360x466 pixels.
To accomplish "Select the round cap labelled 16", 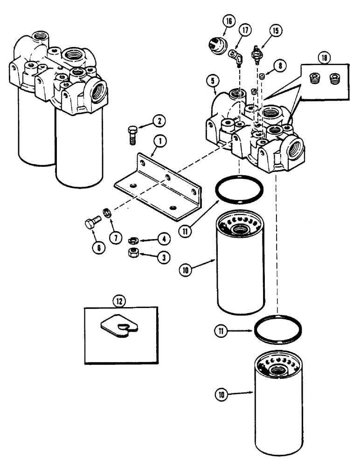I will [x=215, y=45].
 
